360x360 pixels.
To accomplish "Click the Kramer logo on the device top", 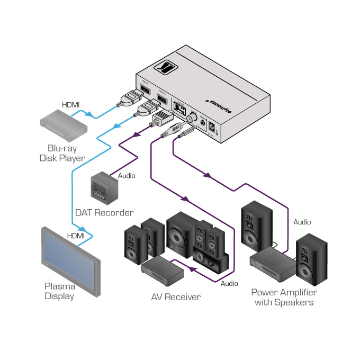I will click(x=169, y=69).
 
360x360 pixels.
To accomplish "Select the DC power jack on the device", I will click(x=213, y=128).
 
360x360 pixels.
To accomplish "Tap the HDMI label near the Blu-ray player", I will click(x=70, y=105).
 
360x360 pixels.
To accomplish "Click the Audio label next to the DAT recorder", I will click(x=126, y=175).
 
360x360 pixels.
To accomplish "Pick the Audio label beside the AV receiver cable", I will click(x=229, y=284).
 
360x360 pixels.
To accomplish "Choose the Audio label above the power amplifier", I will click(x=302, y=222).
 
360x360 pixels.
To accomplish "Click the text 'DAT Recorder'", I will click(x=104, y=212).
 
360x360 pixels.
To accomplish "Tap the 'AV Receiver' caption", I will click(x=176, y=297).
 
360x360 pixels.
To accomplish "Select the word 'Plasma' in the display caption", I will click(x=59, y=286).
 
